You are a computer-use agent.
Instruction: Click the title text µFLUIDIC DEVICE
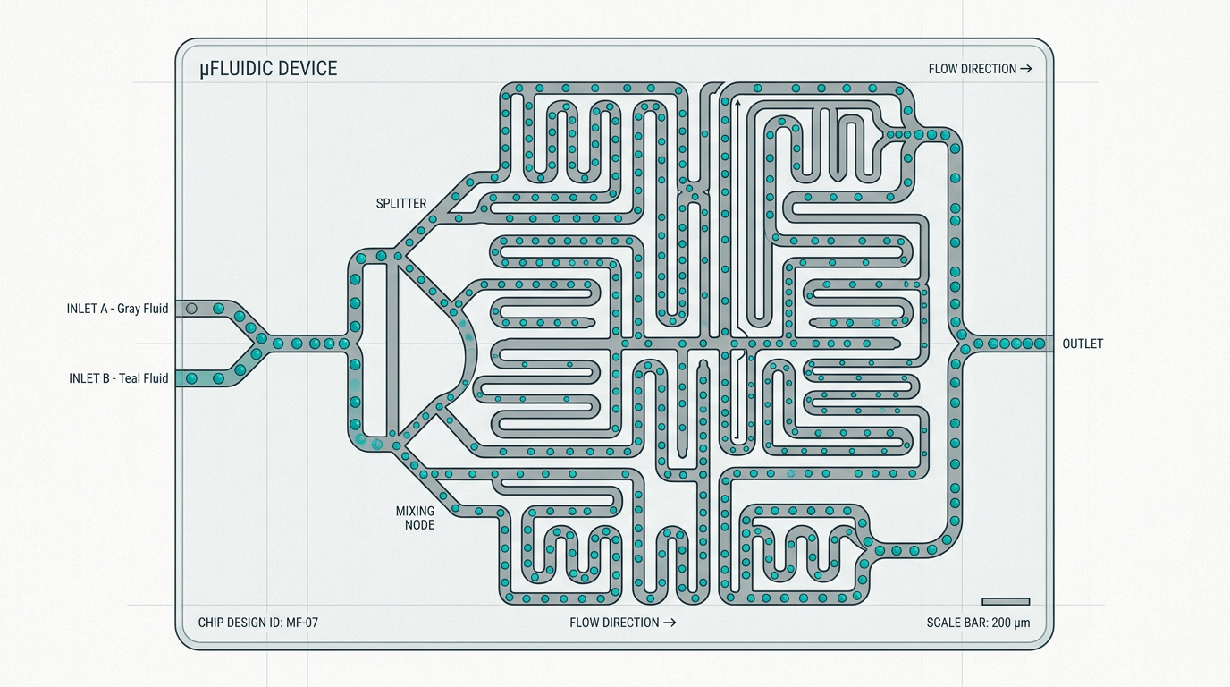(268, 69)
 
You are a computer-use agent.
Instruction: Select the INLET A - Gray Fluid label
(117, 309)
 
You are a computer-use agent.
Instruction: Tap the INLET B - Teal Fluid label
(118, 378)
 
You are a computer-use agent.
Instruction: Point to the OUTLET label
(1083, 343)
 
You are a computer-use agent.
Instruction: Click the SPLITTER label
(401, 203)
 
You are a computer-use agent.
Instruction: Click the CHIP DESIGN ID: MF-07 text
(257, 623)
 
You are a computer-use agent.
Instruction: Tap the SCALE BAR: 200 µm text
(978, 623)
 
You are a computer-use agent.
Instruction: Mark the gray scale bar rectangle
(1006, 602)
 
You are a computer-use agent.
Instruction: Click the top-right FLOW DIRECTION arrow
(1026, 69)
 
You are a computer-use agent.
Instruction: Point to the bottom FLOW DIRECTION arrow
(670, 623)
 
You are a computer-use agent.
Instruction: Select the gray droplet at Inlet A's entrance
(190, 309)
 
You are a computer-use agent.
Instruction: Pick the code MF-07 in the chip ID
(302, 623)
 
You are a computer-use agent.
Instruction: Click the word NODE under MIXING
(419, 525)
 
